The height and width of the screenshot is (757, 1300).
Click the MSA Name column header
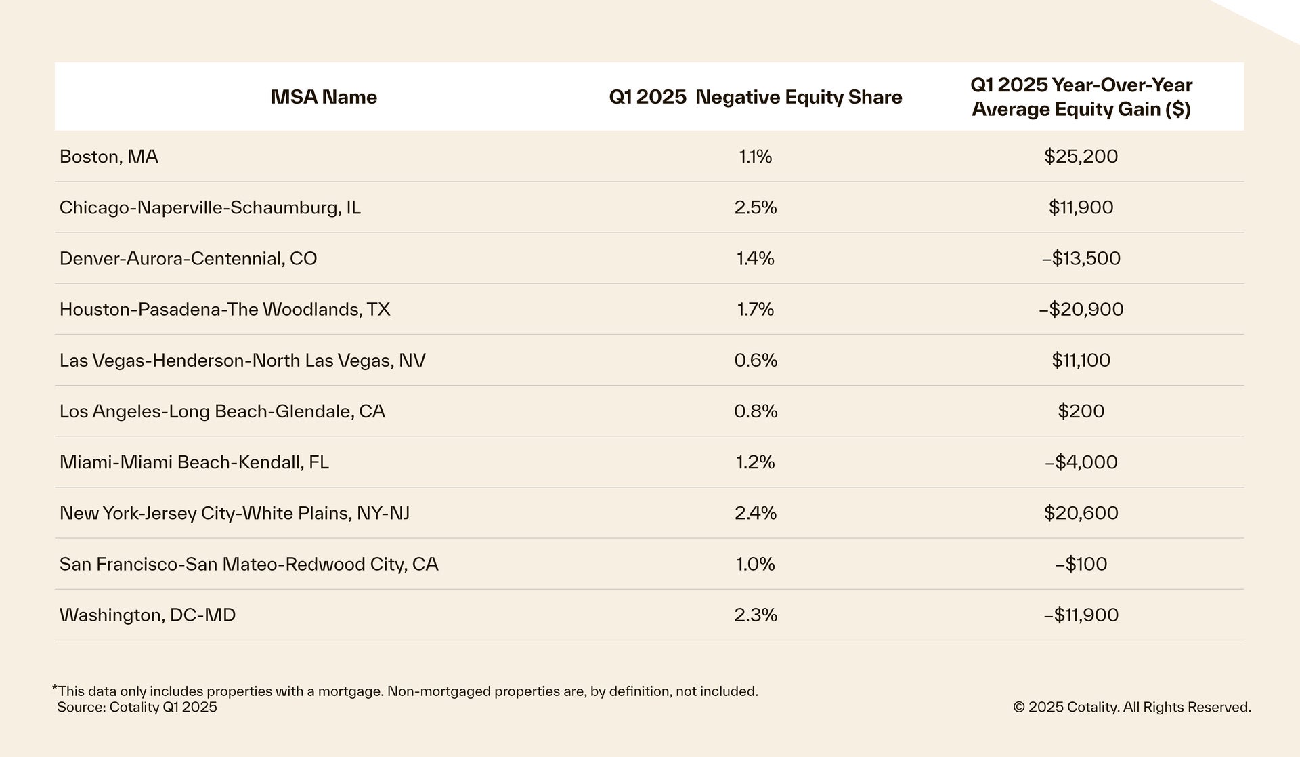pos(324,97)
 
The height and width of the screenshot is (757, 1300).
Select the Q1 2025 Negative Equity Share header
pos(755,97)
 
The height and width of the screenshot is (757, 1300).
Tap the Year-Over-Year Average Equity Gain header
pos(1081,97)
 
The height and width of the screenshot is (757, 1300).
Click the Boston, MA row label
pos(109,157)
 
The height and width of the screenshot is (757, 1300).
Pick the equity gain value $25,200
pos(1081,157)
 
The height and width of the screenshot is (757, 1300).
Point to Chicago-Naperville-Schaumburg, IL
pos(210,207)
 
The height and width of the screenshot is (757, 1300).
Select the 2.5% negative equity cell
pos(756,207)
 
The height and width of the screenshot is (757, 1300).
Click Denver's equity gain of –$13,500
pos(1081,258)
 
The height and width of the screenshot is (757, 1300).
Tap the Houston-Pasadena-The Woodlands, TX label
pos(225,309)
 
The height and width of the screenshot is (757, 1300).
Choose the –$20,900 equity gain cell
pos(1081,309)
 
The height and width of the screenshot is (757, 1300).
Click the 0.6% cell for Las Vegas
pos(756,360)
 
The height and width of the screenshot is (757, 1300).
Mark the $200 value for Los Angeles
pos(1081,411)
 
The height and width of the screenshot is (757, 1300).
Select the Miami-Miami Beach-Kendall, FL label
pos(194,462)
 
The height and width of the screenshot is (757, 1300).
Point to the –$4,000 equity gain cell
pos(1081,462)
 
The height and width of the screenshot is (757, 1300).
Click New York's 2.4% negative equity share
pos(756,513)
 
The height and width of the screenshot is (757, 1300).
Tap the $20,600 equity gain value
pos(1081,513)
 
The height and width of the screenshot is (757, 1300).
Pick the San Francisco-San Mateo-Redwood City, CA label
pos(249,564)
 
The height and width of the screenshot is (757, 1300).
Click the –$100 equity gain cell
pos(1081,564)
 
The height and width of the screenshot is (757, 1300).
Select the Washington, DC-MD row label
pos(148,615)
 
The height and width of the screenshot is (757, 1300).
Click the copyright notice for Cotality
pos(1131,707)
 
